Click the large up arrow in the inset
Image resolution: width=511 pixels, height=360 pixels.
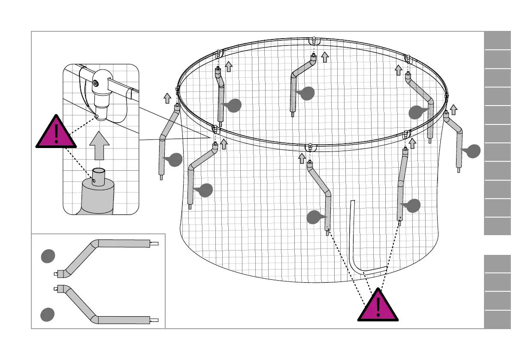click(99, 146)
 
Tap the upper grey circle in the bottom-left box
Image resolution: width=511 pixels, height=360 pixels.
click(48, 256)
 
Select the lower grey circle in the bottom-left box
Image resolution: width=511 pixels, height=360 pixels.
click(48, 315)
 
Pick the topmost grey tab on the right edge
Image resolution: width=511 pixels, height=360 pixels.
click(497, 41)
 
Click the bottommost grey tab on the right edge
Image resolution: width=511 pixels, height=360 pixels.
click(497, 320)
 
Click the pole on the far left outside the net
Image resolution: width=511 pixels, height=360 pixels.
click(165, 142)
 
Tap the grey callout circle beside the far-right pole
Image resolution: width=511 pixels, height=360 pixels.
click(473, 151)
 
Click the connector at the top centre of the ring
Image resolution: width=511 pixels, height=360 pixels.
click(314, 40)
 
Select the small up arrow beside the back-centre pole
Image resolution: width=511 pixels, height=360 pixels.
click(325, 57)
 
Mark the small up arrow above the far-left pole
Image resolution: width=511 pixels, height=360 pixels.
click(167, 98)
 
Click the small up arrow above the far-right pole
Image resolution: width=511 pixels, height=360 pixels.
click(454, 109)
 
